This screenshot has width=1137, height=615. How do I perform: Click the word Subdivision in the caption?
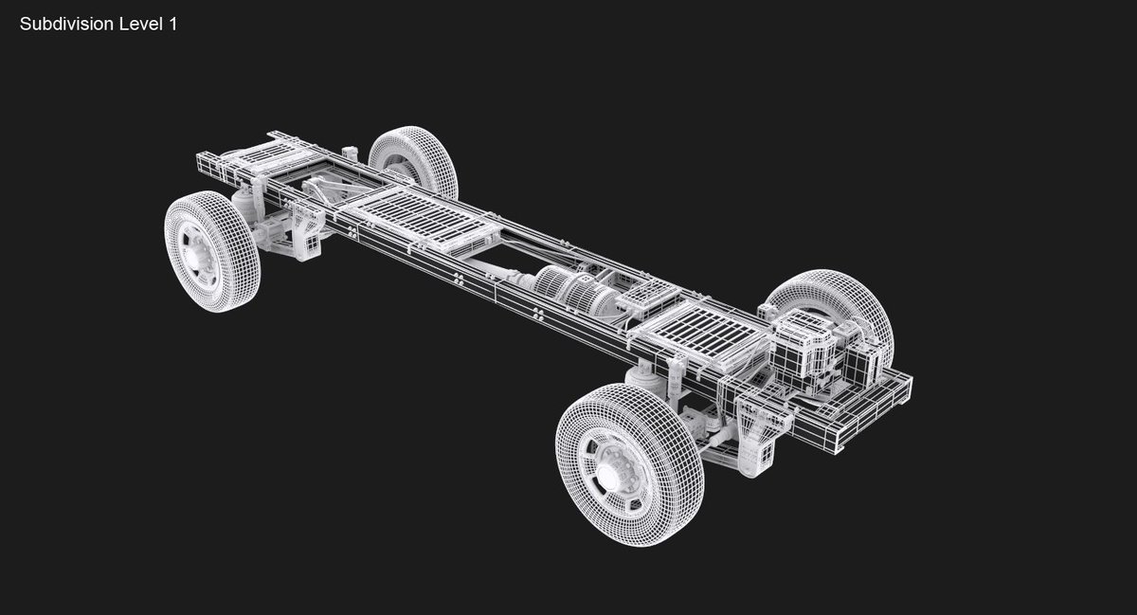(66, 25)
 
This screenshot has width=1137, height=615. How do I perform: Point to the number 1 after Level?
(172, 25)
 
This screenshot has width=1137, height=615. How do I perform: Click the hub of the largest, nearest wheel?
(609, 473)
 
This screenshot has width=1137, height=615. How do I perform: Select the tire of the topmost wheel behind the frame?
(414, 160)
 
